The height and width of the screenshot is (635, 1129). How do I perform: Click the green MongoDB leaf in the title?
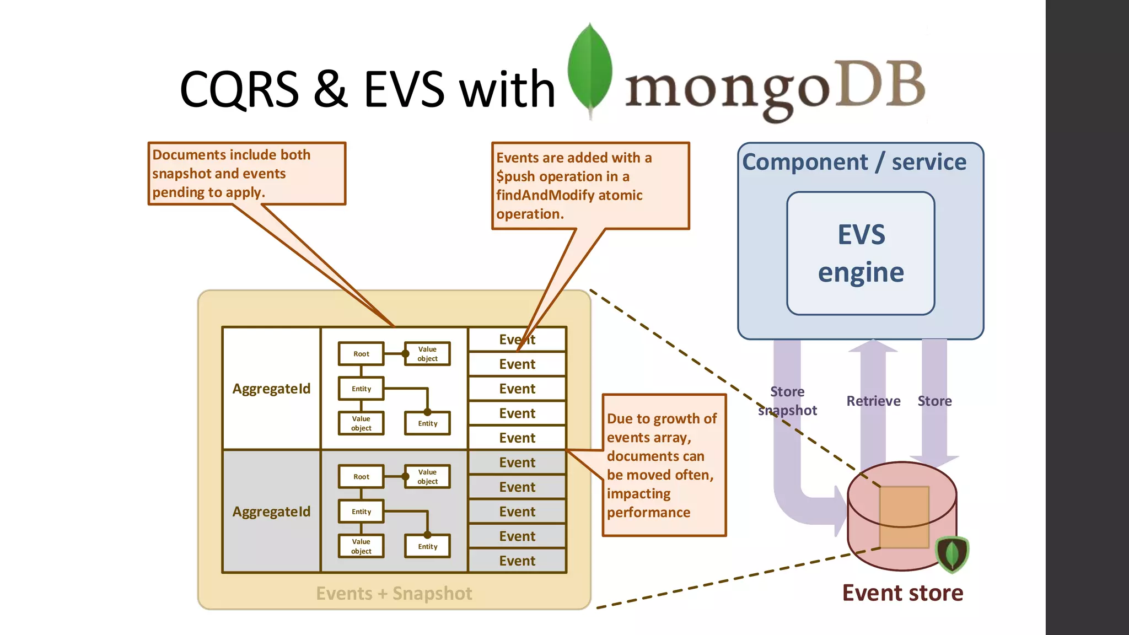point(590,69)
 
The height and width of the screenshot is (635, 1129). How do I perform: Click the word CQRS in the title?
point(239,89)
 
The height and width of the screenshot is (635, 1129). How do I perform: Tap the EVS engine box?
point(861,253)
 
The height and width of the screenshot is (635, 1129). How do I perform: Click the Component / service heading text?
point(854,162)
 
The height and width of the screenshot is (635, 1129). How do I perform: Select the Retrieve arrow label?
point(873,401)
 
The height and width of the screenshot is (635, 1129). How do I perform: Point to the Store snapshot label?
point(787,401)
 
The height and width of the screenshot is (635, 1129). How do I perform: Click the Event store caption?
point(902,593)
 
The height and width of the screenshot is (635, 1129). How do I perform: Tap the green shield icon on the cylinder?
point(952,554)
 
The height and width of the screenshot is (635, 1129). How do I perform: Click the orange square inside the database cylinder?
point(904,516)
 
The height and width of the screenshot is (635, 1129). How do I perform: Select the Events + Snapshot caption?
point(394,594)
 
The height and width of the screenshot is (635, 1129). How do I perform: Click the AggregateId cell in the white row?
point(271,389)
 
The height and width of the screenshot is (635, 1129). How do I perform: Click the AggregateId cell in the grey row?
point(271,512)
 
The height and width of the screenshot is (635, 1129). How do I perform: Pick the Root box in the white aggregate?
point(361,354)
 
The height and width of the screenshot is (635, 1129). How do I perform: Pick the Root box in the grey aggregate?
point(361,477)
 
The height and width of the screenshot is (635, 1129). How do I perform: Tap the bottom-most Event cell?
point(517,561)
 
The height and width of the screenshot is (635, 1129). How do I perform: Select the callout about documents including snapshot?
point(246,174)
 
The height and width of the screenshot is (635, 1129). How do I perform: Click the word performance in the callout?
point(648,513)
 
